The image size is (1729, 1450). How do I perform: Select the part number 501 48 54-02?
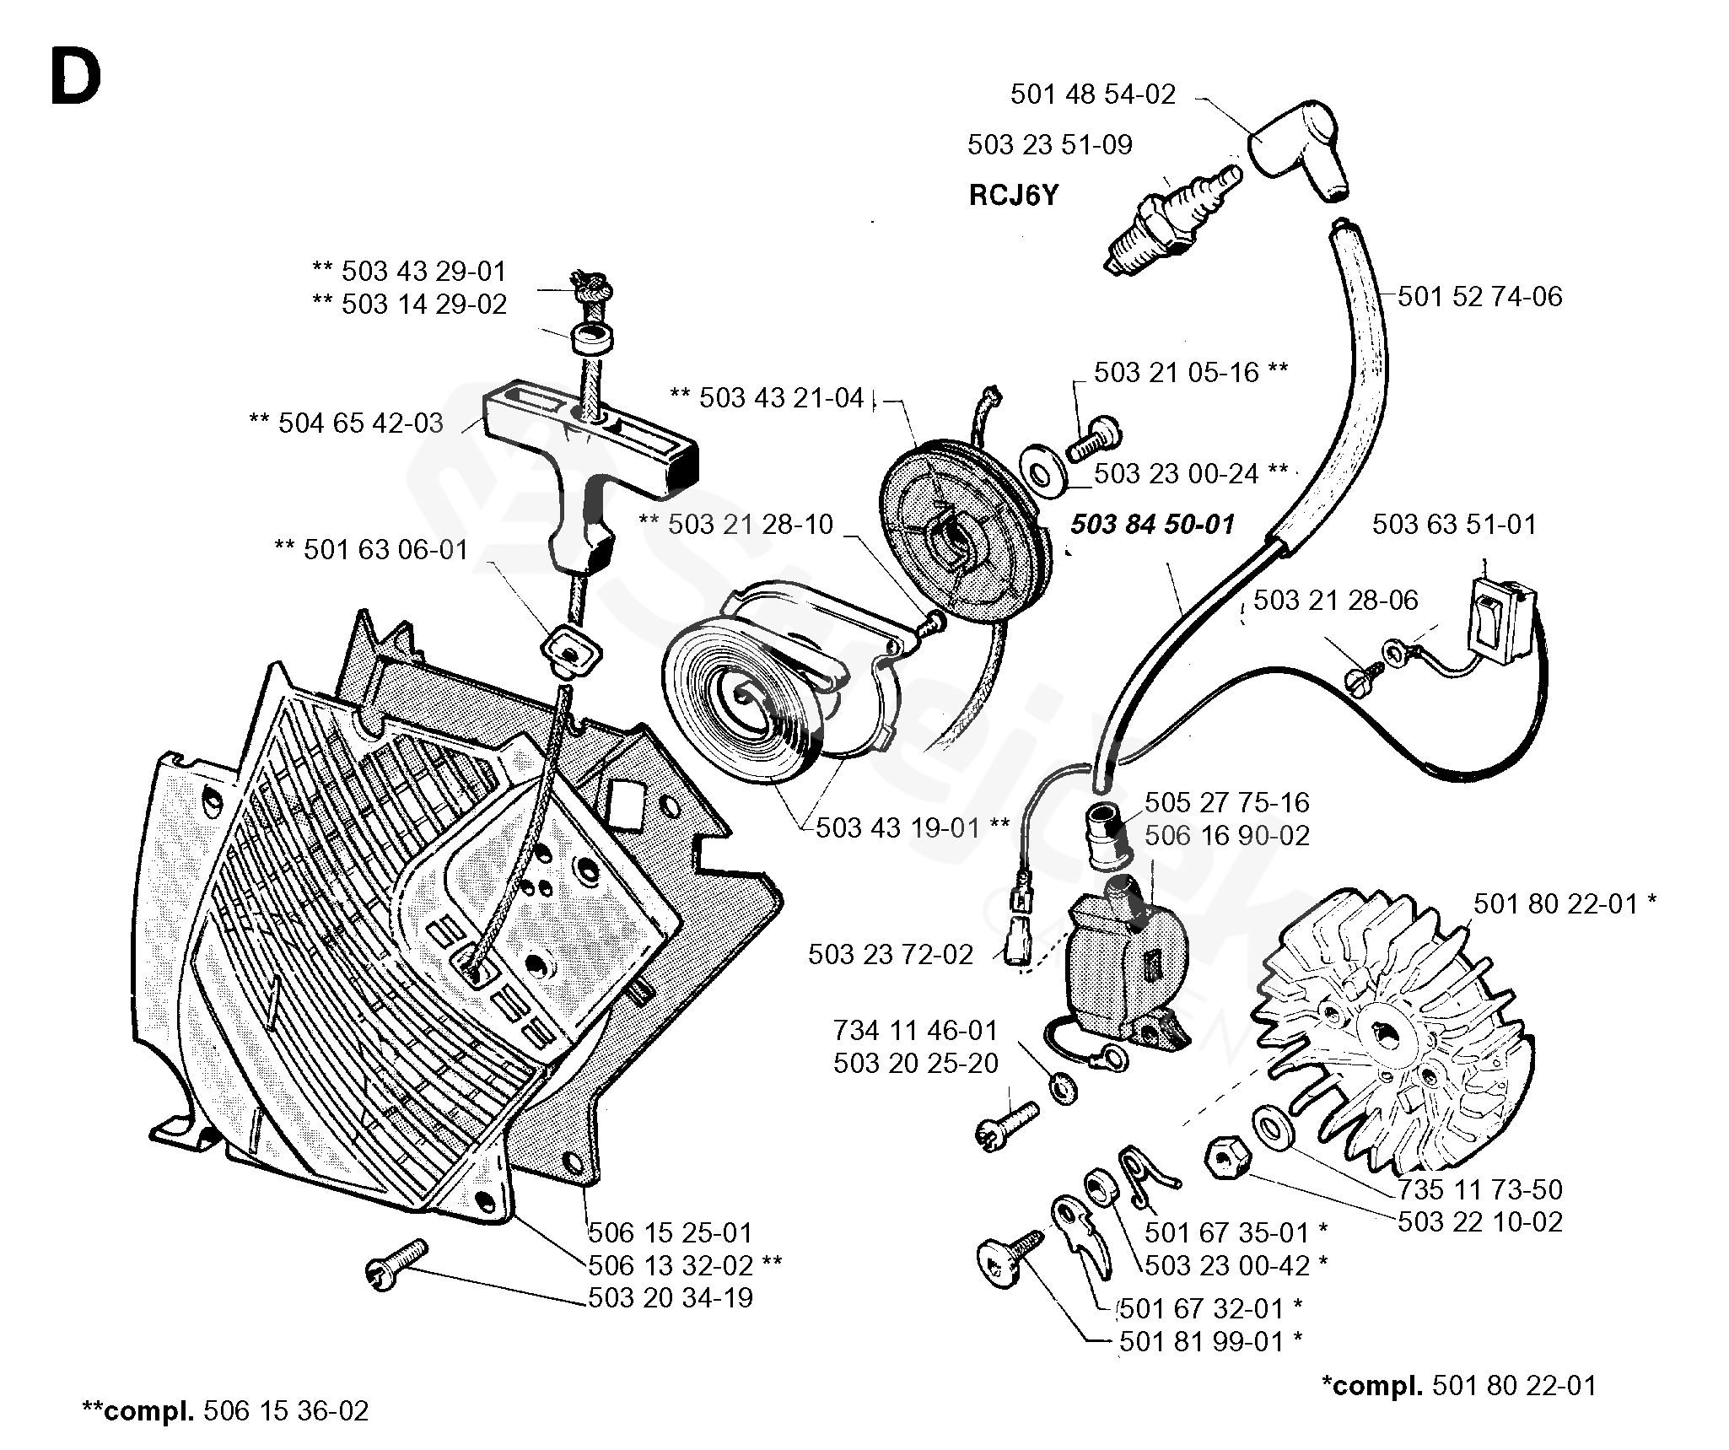(x=1092, y=94)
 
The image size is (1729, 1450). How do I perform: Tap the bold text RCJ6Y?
(x=1013, y=196)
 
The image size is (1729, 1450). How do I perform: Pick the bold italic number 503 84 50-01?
(x=1152, y=525)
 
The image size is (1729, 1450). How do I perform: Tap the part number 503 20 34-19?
(x=671, y=1296)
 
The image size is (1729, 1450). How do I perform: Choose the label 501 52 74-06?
(x=1480, y=297)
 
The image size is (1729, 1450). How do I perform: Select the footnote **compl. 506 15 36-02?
(x=225, y=1411)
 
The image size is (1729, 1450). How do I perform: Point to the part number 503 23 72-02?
(x=891, y=955)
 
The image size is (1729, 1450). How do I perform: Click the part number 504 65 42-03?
(x=360, y=423)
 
